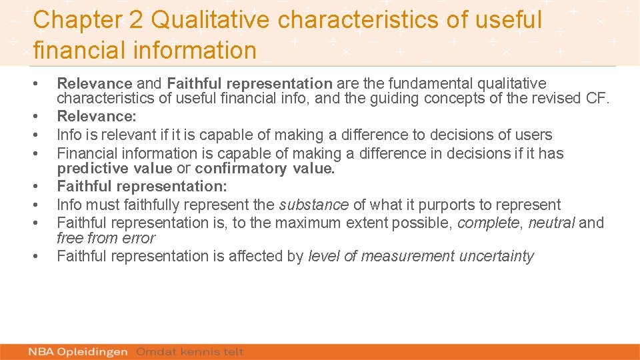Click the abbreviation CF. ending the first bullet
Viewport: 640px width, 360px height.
[598, 99]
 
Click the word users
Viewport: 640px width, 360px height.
[533, 135]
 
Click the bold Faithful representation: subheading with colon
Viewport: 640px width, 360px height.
[141, 186]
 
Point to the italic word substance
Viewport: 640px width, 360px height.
[314, 205]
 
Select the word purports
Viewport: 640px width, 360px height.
[445, 205]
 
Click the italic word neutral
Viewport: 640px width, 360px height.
[551, 222]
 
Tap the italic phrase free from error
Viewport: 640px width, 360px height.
[105, 238]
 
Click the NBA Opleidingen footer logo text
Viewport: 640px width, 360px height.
[78, 351]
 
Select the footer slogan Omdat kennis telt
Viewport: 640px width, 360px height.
[190, 351]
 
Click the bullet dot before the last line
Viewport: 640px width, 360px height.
[35, 256]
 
